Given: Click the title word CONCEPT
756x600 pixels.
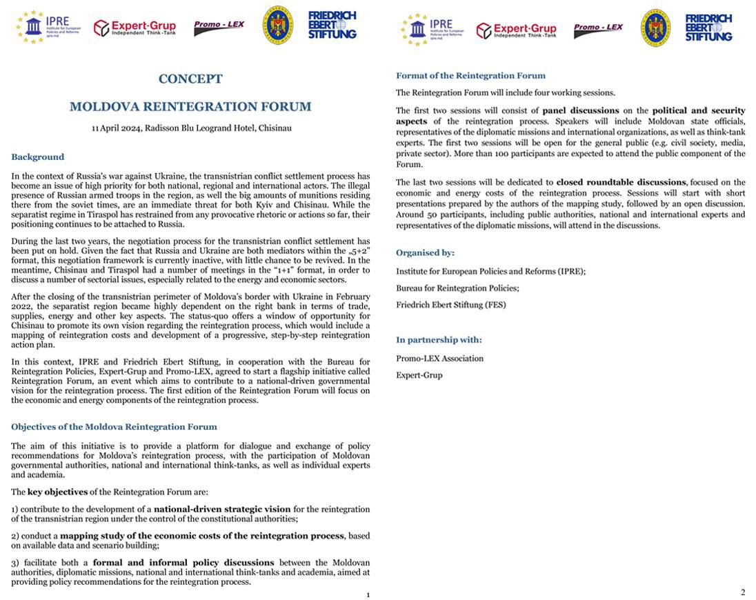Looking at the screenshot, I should pos(190,79).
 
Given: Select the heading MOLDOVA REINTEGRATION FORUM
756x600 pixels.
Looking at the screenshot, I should pos(190,107).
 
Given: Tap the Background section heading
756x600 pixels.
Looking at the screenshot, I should pos(37,157).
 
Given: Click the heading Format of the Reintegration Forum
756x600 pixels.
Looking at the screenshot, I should pos(470,76).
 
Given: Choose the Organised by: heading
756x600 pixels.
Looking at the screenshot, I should pos(425,253).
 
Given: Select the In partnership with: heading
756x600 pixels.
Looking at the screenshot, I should pos(439,340).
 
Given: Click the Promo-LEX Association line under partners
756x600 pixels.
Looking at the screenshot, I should pos(439,359).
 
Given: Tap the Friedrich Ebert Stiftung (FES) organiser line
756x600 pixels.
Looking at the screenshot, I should pos(450,305).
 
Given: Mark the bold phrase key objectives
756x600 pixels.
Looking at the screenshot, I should pos(57,492).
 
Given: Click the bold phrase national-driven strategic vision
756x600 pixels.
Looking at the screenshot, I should pos(222,510).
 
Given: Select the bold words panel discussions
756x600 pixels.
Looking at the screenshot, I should pos(580,110).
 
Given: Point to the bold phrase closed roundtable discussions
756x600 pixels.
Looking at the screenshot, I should pos(621,183).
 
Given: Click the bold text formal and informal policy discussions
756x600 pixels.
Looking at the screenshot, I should pos(183,563).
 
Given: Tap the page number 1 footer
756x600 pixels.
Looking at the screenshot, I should pos(368,595).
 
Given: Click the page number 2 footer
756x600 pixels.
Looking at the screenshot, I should pos(743,592).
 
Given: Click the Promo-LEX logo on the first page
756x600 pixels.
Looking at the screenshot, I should pos(219,28).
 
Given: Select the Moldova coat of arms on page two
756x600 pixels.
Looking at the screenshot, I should pos(655,28).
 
